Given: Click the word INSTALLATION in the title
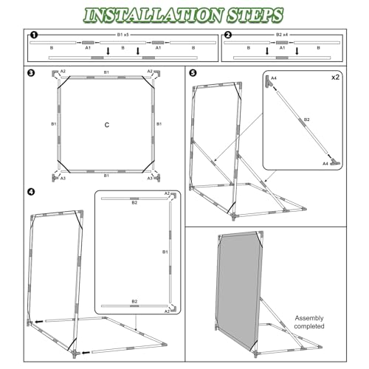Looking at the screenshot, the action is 153,15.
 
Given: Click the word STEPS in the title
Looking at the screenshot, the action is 255,15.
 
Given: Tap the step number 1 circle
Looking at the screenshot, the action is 34,35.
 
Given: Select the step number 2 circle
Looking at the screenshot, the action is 228,35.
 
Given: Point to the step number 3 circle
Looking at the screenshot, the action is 31,73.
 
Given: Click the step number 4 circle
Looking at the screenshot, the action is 31,192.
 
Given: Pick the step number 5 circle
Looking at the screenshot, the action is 193,73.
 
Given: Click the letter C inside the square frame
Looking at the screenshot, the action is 107,125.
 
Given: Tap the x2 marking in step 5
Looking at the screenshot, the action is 335,77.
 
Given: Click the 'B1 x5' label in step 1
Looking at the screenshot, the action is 123,35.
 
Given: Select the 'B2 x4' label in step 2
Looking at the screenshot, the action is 282,35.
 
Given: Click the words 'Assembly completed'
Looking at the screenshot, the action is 309,322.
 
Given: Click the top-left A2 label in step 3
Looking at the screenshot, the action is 63,71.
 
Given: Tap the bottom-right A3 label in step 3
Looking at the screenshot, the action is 150,178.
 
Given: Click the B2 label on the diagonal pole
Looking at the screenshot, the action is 306,120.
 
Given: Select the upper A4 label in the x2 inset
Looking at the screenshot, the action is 274,78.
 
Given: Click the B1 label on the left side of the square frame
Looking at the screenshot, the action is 54,124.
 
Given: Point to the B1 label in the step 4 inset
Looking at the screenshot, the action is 165,252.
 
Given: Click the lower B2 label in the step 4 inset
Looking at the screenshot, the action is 134,301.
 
